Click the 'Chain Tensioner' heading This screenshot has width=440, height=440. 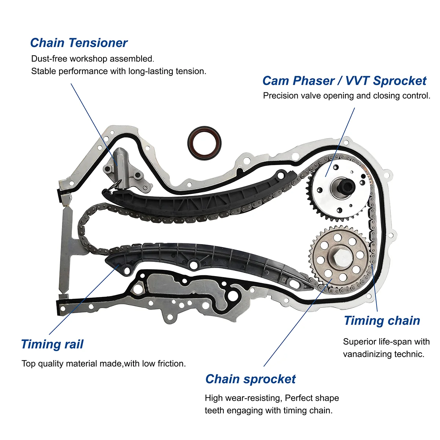[x=78, y=43]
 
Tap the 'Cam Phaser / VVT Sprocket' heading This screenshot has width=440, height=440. [x=344, y=81]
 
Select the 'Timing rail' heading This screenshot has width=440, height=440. [x=52, y=344]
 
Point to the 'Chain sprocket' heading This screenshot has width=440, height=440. [x=250, y=379]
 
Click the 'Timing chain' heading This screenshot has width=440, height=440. [x=382, y=321]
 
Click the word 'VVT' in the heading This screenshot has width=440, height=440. [x=358, y=81]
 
